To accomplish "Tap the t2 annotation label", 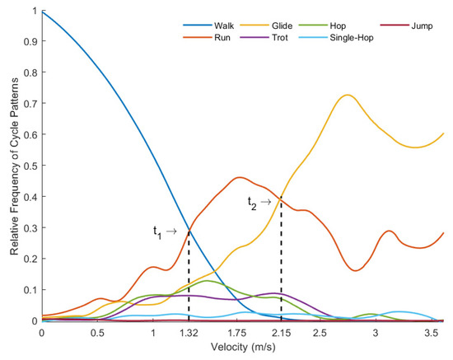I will [259, 201].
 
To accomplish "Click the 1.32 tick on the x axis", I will [189, 334].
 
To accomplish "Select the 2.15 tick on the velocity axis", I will [282, 334].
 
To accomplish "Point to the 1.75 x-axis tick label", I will [236, 334].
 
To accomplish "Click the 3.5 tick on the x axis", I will [431, 334].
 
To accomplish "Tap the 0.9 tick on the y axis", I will [30, 43].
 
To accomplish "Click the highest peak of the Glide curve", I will [348, 95].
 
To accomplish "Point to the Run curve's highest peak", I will [240, 177].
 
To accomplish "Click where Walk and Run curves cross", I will [189, 230].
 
